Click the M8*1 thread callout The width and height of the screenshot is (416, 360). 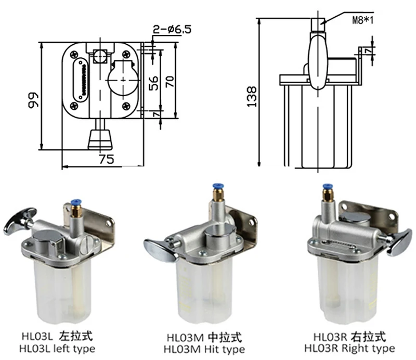tap(362, 20)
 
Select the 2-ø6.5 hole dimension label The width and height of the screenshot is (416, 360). tap(172, 30)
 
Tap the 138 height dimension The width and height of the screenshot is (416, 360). tap(252, 96)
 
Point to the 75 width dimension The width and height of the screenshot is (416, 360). tap(107, 159)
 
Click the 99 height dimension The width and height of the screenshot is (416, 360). tap(34, 100)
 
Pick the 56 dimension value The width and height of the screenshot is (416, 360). tap(153, 83)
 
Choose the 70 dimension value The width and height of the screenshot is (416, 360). tap(170, 82)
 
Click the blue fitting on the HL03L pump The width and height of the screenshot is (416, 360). tap(76, 203)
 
